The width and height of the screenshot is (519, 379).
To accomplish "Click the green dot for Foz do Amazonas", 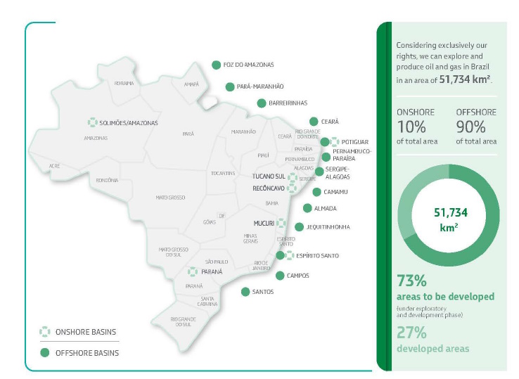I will [x=216, y=65].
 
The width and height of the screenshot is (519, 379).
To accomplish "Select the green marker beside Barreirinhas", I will [x=262, y=103].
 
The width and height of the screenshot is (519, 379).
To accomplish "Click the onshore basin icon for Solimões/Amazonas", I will [x=92, y=122].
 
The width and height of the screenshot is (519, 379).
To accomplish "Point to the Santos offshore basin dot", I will [x=245, y=291].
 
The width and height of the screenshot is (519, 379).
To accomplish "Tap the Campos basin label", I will [x=297, y=276].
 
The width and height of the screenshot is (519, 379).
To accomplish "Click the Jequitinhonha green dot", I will [x=299, y=227].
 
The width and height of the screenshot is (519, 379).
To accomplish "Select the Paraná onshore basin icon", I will [x=193, y=271].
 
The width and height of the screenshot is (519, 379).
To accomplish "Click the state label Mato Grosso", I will [x=170, y=198].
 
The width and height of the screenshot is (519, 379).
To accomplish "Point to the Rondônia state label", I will [x=107, y=180].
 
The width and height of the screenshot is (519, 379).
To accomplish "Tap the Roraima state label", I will [x=124, y=83].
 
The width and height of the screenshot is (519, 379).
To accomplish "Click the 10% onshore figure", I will [x=411, y=127].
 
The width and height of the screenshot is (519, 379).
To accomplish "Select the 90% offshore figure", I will [x=470, y=127].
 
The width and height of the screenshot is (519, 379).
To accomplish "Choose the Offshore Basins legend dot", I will [x=44, y=352].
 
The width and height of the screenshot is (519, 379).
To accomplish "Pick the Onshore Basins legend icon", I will [x=44, y=331].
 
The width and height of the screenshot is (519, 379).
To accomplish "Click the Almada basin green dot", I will [x=307, y=208].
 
